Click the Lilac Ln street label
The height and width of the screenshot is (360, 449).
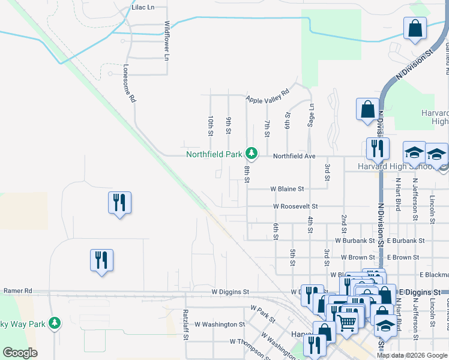pos(142,8)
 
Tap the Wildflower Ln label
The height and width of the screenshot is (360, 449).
pos(167,41)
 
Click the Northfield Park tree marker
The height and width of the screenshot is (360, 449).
pos(252,154)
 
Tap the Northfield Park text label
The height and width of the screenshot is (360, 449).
pos(214,154)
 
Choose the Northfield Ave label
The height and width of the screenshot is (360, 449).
pos(294,156)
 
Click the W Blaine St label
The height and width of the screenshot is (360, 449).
pos(287,188)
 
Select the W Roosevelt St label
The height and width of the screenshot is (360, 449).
pos(295,206)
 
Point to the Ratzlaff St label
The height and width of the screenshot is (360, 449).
pos(185,325)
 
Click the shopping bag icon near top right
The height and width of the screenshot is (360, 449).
pos(415,28)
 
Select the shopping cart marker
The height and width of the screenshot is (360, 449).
pos(347,322)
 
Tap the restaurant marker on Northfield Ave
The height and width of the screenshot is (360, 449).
pos(378,148)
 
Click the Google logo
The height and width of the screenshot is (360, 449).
pos(20,353)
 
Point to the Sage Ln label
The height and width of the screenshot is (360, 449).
pos(312,113)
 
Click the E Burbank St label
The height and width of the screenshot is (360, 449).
pos(406,241)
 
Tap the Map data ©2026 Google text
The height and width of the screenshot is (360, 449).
pos(412,355)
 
